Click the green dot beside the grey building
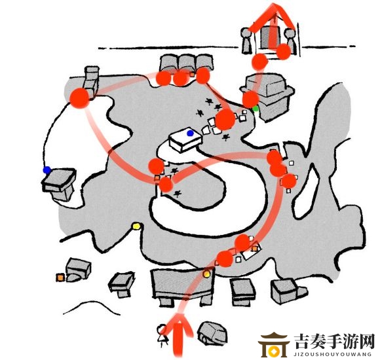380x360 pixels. point(256,109)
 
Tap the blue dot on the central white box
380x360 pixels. point(190,133)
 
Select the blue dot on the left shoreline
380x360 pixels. point(47,170)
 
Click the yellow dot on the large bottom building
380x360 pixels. point(206,274)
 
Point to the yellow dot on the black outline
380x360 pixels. point(136,226)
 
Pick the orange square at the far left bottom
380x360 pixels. point(60,278)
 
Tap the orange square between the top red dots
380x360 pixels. point(192,75)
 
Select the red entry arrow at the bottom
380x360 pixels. point(179,334)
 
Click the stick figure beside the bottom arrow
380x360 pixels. point(162,336)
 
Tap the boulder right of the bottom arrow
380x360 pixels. point(212,333)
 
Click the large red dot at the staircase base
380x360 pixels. point(79,98)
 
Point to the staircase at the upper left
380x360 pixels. point(91,81)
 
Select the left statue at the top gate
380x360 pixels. point(246,41)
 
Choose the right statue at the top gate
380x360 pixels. point(291,41)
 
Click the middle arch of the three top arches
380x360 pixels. point(187,63)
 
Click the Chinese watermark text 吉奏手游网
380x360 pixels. point(334,342)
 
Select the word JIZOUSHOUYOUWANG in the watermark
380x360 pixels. point(332,354)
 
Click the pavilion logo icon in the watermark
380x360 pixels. point(274,345)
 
